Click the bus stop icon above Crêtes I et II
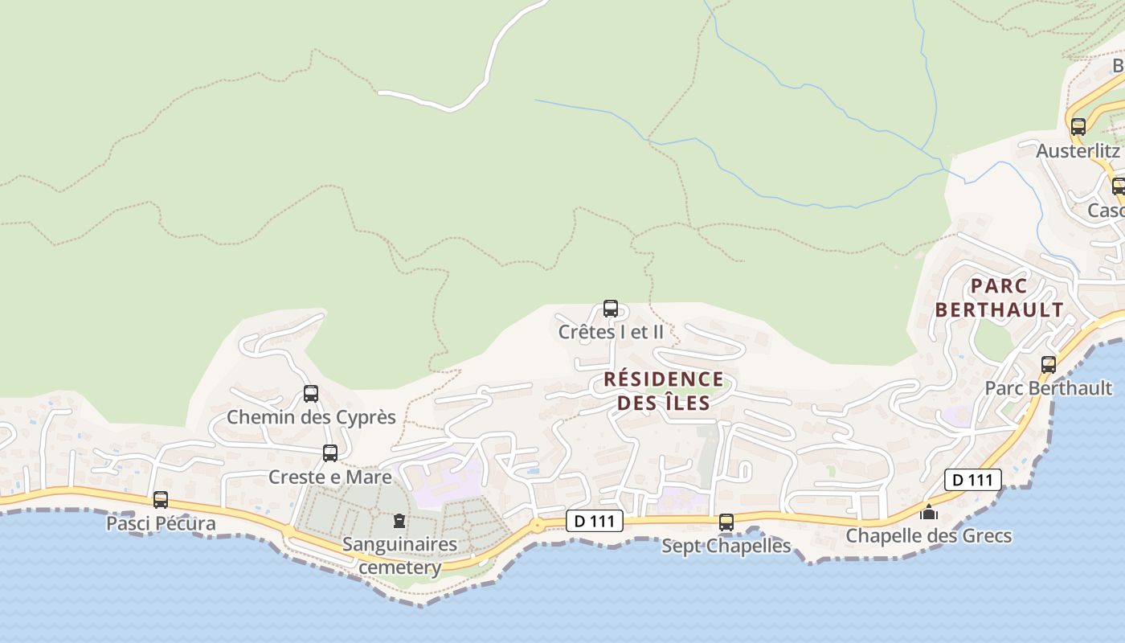(611, 309)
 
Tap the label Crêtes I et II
(611, 331)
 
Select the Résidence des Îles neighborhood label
(663, 391)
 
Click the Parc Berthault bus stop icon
(1049, 365)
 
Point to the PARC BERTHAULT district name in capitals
(999, 297)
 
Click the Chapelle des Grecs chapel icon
(929, 512)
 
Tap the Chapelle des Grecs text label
(928, 535)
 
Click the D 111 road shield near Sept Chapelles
(595, 521)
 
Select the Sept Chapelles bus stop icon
(726, 522)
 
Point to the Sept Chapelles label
(726, 547)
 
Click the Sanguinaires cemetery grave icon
(399, 521)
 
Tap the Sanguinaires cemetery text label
(399, 555)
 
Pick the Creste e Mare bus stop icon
(330, 453)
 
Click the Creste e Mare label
(330, 477)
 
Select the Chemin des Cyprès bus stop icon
(311, 394)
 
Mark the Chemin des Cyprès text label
(311, 417)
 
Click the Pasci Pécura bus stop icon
(161, 500)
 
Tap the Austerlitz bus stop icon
(1078, 127)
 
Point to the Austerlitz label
(1078, 150)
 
